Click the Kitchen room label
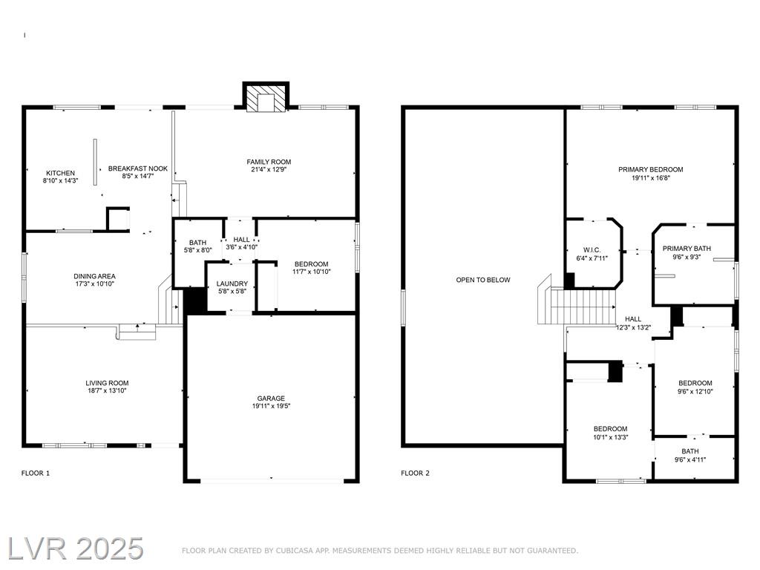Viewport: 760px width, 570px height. (61, 173)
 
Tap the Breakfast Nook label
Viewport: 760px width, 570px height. (137, 168)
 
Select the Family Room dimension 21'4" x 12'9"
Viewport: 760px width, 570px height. (269, 170)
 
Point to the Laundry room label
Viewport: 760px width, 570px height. (232, 284)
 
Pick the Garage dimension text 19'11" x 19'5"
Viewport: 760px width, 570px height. (271, 406)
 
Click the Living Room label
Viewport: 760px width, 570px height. (107, 383)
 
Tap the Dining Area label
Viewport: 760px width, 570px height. (94, 276)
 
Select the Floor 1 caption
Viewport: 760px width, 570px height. (36, 473)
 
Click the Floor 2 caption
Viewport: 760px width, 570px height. (416, 473)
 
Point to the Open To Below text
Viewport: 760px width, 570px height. (483, 280)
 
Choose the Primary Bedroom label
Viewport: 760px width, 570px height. (650, 170)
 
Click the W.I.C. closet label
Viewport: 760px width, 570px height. (592, 250)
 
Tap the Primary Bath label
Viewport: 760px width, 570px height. (687, 249)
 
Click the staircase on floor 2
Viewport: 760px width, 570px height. (576, 307)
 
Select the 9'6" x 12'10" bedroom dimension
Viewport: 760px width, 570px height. (695, 392)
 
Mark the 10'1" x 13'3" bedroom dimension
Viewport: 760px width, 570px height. (611, 437)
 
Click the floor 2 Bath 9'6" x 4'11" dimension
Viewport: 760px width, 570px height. (690, 459)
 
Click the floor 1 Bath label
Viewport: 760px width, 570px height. (197, 243)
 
